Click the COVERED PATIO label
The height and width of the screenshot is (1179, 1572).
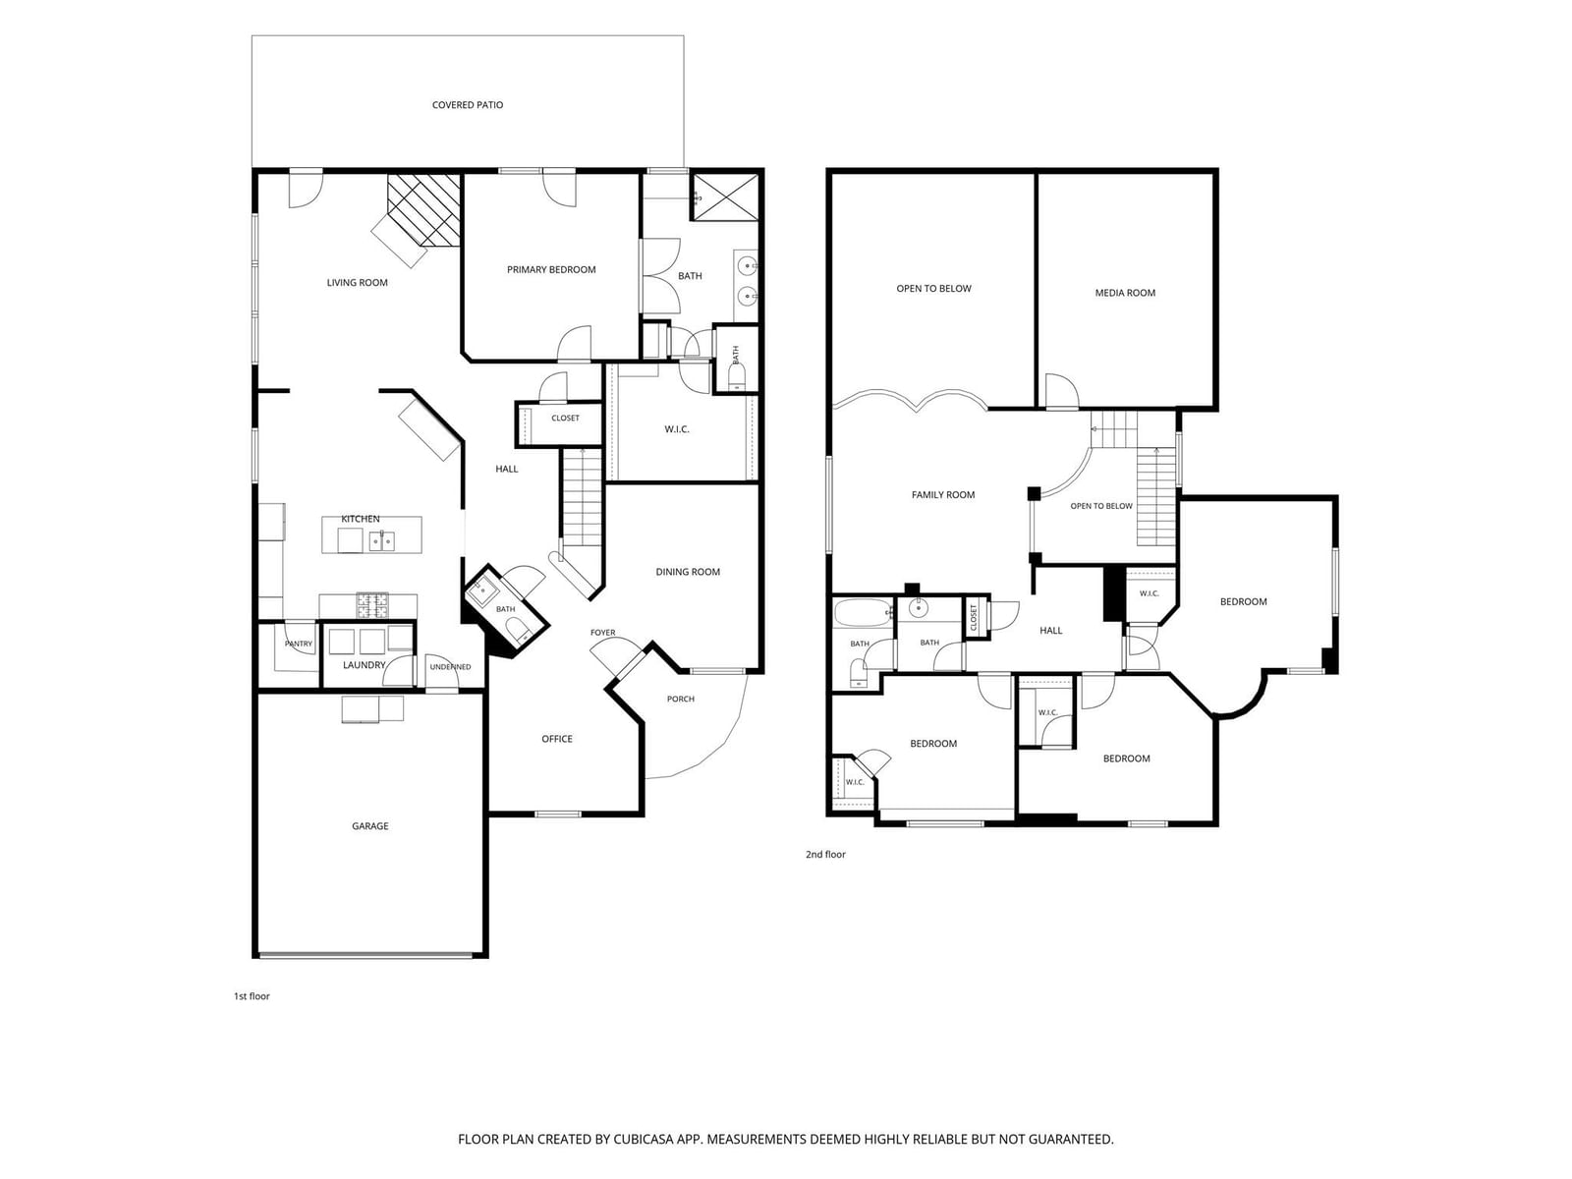[467, 105]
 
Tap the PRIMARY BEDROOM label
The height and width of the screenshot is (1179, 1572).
[551, 270]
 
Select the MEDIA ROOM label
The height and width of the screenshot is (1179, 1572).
[1124, 293]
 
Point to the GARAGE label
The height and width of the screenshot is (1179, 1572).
[369, 826]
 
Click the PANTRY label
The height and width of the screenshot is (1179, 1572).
[299, 644]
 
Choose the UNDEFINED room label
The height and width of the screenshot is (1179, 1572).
[450, 667]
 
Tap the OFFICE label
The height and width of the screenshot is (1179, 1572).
[556, 739]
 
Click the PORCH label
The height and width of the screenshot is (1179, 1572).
[680, 699]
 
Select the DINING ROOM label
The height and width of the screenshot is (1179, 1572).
[688, 572]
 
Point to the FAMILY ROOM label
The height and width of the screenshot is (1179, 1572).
[942, 494]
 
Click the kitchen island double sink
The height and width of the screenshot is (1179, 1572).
[382, 541]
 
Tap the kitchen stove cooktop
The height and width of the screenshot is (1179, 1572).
[372, 605]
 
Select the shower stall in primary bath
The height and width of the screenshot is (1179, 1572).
[724, 196]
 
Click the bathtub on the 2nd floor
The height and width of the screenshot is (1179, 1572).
[863, 613]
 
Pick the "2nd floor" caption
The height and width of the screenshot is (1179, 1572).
[825, 855]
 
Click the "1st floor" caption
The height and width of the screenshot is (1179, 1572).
[252, 996]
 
